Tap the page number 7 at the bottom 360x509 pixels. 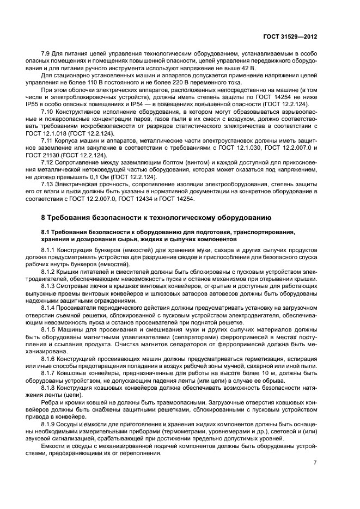tap(315, 462)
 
